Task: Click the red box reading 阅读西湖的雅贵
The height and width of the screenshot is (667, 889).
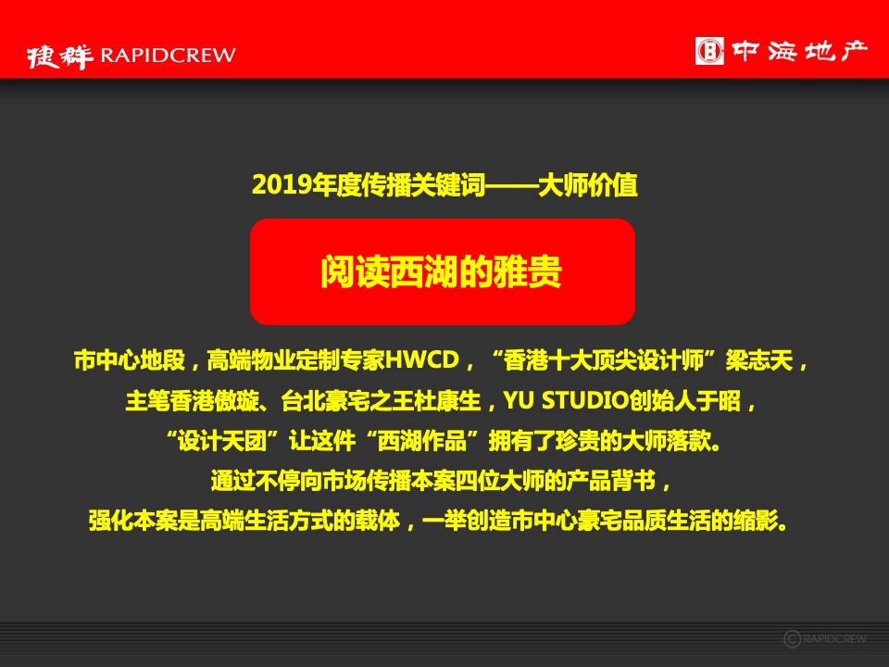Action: point(442,272)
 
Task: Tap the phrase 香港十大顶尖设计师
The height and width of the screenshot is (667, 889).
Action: point(608,359)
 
